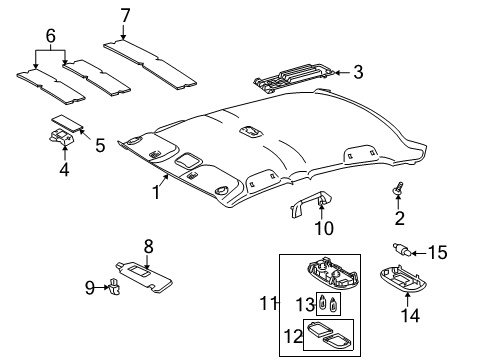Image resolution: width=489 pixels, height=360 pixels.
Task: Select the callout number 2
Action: click(399, 219)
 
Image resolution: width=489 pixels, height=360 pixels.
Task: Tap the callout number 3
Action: click(358, 71)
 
